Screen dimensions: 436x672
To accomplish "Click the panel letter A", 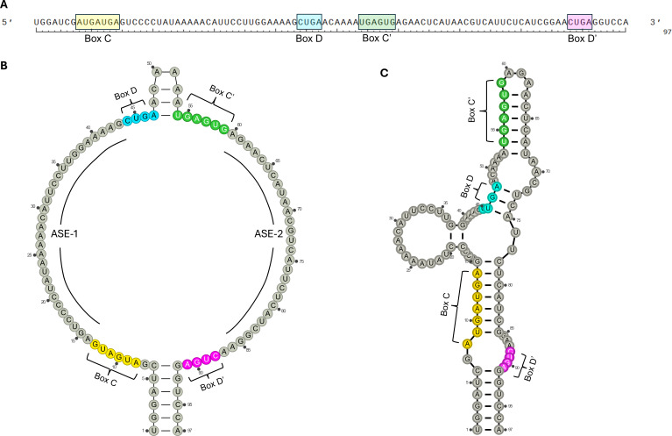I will (x=4, y=4).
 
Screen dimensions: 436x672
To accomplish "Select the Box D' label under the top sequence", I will (x=583, y=39).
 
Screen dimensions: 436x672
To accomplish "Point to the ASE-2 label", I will (x=263, y=232).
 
